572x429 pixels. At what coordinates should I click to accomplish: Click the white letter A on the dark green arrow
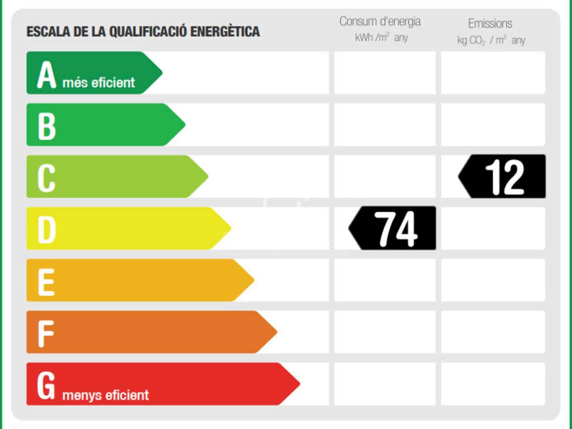[x=47, y=75]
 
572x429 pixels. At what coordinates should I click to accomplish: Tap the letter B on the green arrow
[x=47, y=126]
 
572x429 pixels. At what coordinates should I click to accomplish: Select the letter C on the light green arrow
[x=46, y=178]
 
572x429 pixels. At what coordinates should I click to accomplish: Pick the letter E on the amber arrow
[x=46, y=281]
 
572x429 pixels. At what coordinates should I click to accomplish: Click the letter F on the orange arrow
[x=46, y=333]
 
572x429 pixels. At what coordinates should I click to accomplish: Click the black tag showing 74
[x=393, y=228]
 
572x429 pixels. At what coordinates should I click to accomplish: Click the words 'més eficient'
[x=99, y=83]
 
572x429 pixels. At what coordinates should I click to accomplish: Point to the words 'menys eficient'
[x=105, y=395]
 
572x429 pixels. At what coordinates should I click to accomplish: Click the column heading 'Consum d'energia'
[x=380, y=21]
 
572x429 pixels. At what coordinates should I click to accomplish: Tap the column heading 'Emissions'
[x=490, y=24]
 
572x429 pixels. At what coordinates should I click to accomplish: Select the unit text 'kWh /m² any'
[x=381, y=38]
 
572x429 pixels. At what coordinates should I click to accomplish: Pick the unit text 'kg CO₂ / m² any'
[x=491, y=40]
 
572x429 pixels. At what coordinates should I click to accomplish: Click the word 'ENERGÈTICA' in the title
[x=225, y=31]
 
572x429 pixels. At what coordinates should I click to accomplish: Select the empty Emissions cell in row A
[x=493, y=73]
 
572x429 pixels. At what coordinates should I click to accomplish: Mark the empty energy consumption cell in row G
[x=385, y=384]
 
